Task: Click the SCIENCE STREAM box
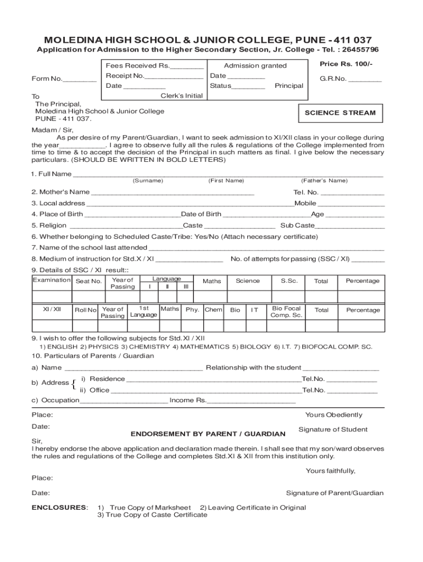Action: click(340, 113)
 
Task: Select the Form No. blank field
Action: click(80, 79)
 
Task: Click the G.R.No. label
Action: click(333, 78)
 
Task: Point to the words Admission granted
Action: click(255, 66)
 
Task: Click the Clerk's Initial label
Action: click(181, 95)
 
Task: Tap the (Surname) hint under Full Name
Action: click(147, 181)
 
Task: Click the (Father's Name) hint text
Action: click(324, 181)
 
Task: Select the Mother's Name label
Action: click(60, 192)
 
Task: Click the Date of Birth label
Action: click(201, 214)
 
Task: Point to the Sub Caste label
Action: click(297, 226)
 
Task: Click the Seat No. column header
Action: click(89, 282)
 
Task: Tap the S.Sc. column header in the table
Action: click(289, 281)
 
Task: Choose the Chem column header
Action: click(213, 310)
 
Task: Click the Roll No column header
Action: click(85, 310)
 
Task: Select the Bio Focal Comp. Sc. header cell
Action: click(286, 312)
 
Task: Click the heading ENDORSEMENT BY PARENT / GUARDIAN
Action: click(208, 434)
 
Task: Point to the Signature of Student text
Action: click(332, 430)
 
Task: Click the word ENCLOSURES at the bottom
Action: click(59, 508)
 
